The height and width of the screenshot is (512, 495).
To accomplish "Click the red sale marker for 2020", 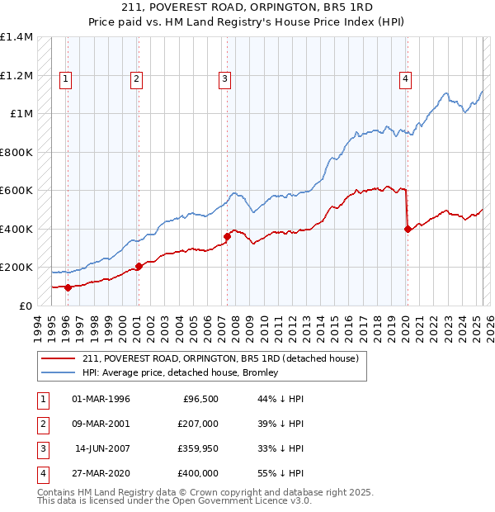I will [408, 230].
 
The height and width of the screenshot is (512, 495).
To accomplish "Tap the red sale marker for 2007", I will [227, 237].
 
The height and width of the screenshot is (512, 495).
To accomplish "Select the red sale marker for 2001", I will [139, 266].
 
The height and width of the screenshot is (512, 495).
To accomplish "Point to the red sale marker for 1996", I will [68, 287].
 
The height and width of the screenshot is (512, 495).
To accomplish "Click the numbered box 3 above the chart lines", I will [224, 79].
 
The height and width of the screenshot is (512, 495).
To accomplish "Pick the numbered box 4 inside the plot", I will [406, 79].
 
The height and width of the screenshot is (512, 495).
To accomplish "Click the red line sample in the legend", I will [57, 359].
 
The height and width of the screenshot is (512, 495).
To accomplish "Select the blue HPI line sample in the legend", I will [57, 372].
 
